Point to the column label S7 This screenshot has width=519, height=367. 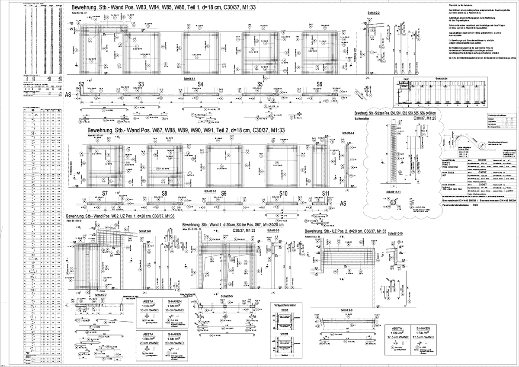pyautogui.click(x=105, y=193)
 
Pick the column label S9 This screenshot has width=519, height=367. pyautogui.click(x=223, y=193)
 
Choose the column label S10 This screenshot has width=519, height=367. pyautogui.click(x=284, y=193)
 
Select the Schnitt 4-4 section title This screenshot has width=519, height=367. pyautogui.click(x=349, y=133)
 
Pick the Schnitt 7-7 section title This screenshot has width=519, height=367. pyautogui.click(x=96, y=295)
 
